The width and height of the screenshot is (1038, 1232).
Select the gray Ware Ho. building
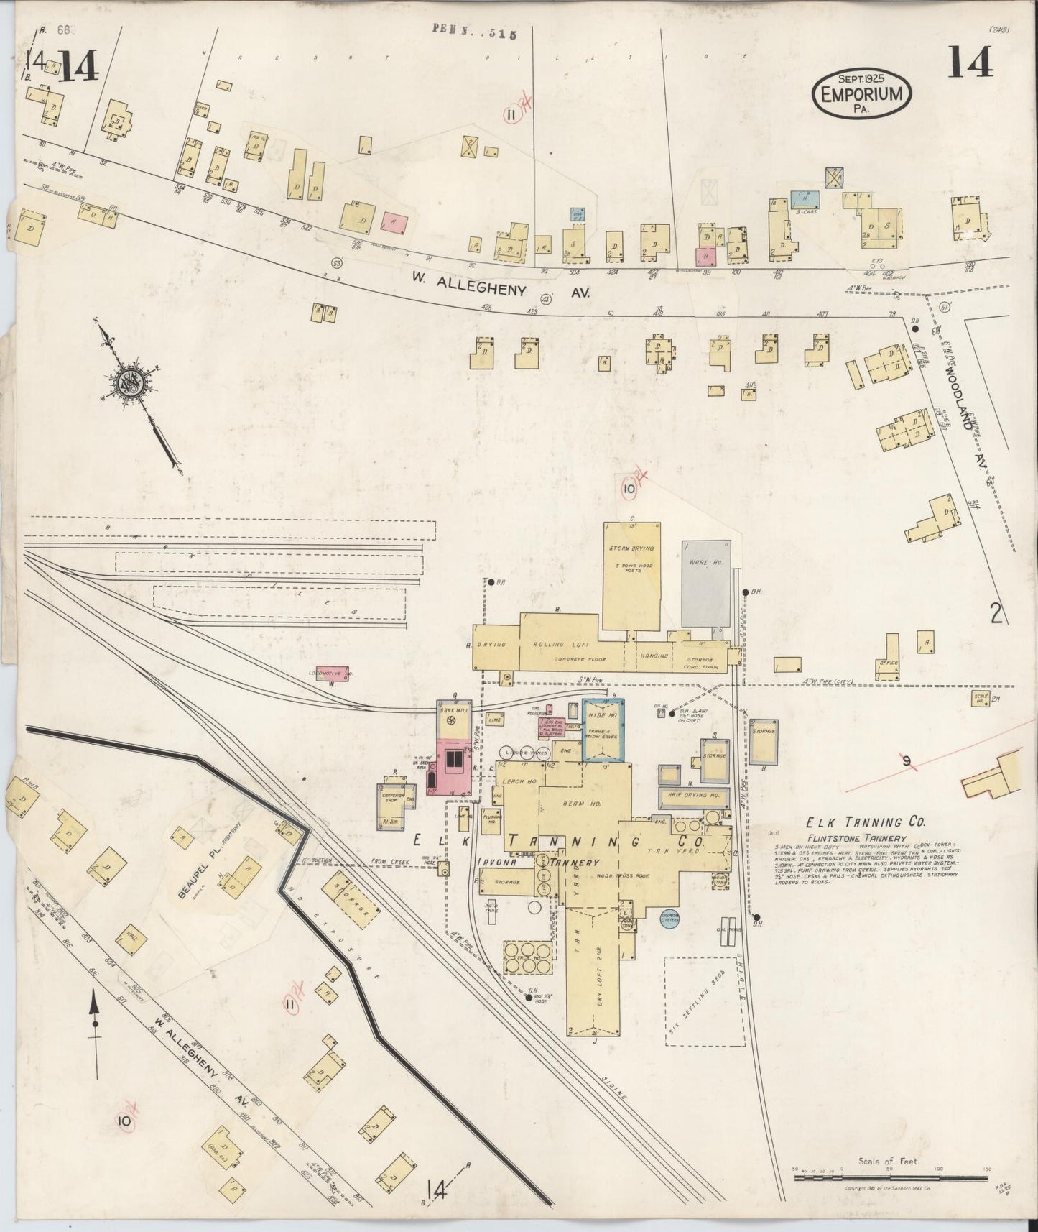[705, 584]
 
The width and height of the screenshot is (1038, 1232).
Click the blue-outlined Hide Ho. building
[603, 730]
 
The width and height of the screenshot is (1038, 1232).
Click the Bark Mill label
[454, 710]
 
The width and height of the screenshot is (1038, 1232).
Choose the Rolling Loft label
[570, 644]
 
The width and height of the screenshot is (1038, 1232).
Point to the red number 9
[907, 760]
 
